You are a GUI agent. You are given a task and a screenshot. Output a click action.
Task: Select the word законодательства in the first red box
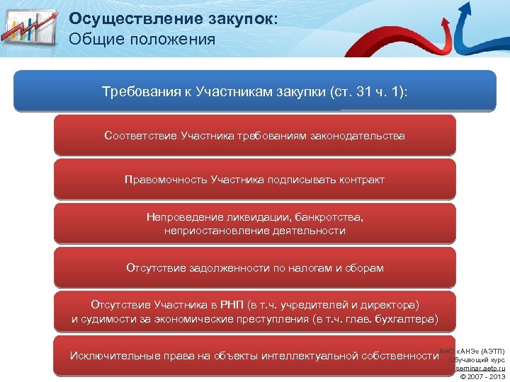tap(358, 135)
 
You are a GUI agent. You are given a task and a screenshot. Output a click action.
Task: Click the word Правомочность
tap(166, 180)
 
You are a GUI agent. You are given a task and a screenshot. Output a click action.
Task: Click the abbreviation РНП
tap(231, 305)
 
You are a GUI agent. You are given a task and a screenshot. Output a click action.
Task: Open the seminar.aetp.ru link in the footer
tap(480, 369)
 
